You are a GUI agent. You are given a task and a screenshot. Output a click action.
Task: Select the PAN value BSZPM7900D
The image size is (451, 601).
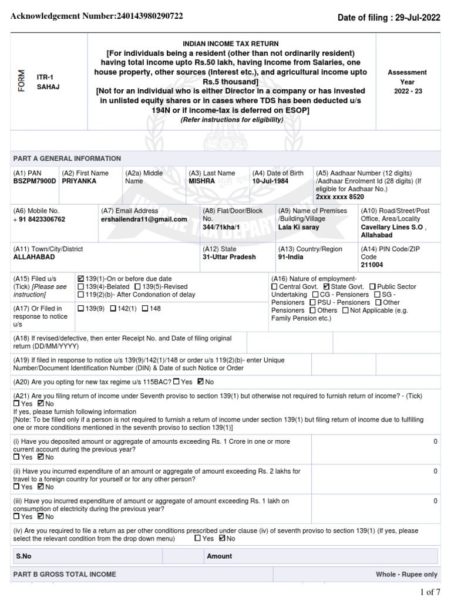click(35, 181)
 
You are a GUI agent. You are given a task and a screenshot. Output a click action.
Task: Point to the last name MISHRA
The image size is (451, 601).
click(201, 181)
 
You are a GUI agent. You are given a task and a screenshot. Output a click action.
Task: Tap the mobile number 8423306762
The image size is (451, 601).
click(41, 219)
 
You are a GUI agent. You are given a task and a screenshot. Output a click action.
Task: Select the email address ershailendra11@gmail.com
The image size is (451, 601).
click(144, 219)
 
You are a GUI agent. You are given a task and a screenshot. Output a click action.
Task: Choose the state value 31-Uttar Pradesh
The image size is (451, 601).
click(230, 257)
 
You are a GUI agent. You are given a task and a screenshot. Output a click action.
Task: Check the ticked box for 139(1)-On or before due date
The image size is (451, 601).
click(81, 278)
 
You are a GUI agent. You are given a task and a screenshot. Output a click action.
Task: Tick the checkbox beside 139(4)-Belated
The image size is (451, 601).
click(81, 286)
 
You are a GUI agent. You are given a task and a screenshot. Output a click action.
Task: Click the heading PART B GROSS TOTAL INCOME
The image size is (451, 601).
click(65, 574)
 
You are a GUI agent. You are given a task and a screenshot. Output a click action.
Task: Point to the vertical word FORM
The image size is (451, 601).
click(22, 82)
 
